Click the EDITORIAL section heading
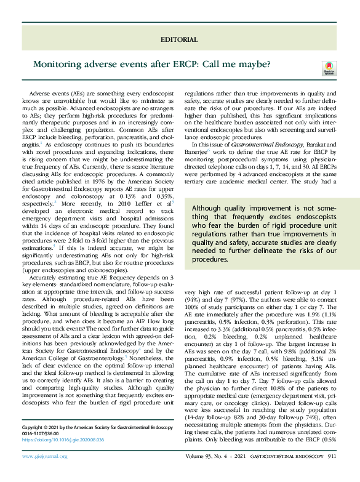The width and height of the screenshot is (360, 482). pos(178,39)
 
